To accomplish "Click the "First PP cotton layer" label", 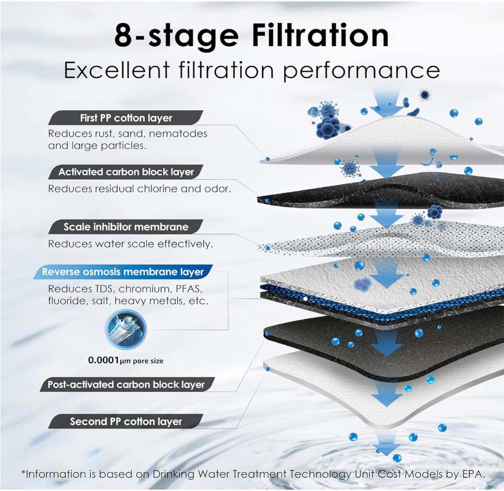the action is [126, 118].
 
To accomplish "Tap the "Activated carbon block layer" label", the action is [126, 172].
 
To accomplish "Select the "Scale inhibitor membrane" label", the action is [126, 227].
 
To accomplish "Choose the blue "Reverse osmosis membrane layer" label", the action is [123, 272].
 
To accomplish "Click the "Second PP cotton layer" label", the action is [126, 421].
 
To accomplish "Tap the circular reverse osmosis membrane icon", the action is [126, 329].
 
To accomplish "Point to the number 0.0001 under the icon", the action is [103, 360].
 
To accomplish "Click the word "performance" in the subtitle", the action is [361, 71].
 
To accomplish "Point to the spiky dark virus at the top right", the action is [425, 94].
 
